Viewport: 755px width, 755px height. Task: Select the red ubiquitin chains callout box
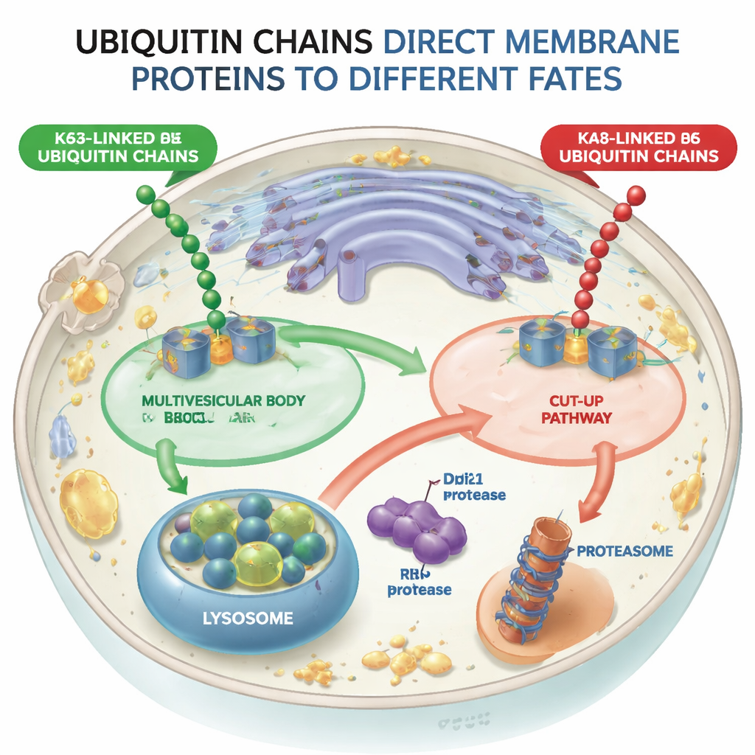tap(639, 145)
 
